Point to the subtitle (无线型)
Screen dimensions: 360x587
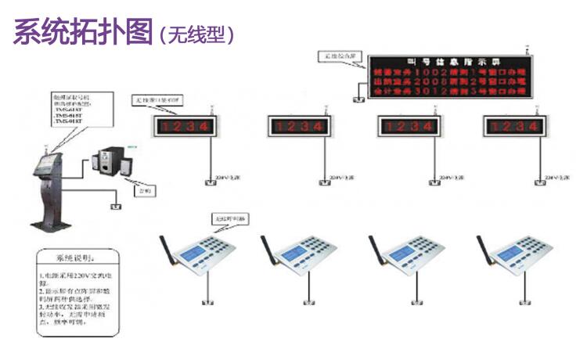click(196, 34)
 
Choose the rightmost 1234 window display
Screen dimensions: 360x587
click(513, 126)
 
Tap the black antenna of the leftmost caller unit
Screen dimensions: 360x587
click(167, 250)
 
